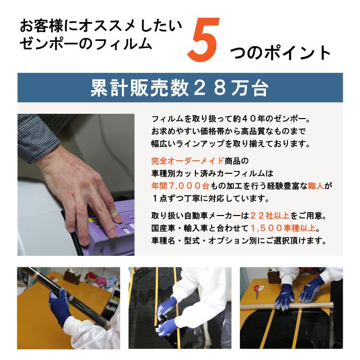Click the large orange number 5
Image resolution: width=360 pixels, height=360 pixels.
(x=204, y=40)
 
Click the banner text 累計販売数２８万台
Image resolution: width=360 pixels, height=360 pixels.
(x=180, y=88)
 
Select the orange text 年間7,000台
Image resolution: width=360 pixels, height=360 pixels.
(x=180, y=185)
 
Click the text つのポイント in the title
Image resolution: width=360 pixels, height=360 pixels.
(x=280, y=53)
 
